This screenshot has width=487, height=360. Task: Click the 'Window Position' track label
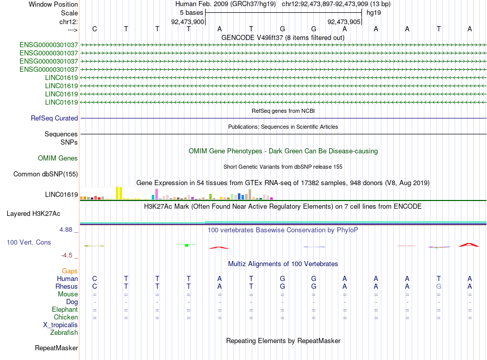coord(53,4)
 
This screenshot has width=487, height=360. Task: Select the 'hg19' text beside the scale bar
coord(374,13)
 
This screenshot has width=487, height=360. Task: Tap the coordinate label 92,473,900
coord(188,22)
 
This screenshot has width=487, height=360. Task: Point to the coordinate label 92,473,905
coord(344,22)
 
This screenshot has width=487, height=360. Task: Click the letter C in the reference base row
coord(95,29)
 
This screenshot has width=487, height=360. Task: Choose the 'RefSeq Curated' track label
coord(54,118)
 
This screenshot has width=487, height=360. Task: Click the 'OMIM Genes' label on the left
coord(58,158)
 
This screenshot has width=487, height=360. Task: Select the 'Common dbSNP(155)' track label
coord(46,174)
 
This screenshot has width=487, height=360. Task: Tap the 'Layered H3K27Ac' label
coord(33,214)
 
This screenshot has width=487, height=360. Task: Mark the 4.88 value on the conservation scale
coord(66,230)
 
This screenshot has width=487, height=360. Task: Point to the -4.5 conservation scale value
coord(67,255)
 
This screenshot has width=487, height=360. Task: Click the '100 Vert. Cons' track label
coord(29,242)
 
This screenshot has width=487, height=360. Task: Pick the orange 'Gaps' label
coord(70,271)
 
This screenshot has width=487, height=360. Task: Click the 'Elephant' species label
coord(65,309)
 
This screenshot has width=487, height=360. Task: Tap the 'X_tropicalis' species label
coord(60,325)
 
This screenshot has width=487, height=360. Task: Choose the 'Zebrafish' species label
coord(64,332)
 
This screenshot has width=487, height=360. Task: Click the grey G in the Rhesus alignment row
coord(438,286)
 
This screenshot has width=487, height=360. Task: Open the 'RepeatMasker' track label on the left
coord(56,348)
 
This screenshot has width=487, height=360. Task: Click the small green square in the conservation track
coord(187,245)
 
